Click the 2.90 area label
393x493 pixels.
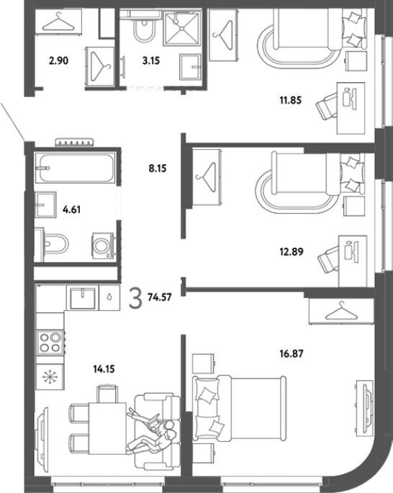(x=58, y=60)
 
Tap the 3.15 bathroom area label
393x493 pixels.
(x=151, y=60)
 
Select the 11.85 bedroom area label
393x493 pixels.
(x=291, y=100)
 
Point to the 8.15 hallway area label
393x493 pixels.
(x=158, y=168)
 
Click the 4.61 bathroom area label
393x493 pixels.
(x=72, y=209)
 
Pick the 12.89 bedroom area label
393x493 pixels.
(x=292, y=252)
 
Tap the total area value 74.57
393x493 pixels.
(x=160, y=297)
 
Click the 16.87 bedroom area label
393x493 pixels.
(x=292, y=354)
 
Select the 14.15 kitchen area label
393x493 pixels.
(x=104, y=368)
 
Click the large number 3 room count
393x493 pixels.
(x=135, y=299)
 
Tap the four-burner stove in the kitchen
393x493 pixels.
(x=50, y=343)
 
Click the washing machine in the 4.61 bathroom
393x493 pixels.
(x=103, y=245)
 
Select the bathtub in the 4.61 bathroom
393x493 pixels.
(x=75, y=168)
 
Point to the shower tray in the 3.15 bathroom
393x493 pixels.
(x=181, y=29)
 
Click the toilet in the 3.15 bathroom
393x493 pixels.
(x=144, y=28)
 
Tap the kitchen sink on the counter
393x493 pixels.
(x=82, y=298)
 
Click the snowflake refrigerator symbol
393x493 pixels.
(x=50, y=377)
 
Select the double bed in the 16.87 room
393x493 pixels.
(x=240, y=408)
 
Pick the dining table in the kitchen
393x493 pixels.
(x=108, y=428)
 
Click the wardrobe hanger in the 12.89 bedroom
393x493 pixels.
(x=207, y=177)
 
